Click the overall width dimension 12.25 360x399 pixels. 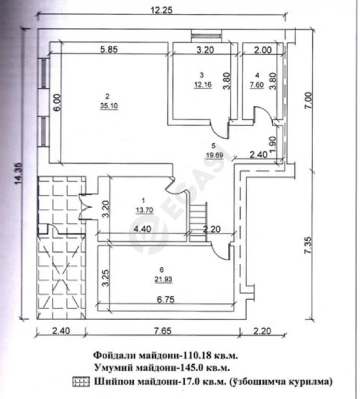point(162,10)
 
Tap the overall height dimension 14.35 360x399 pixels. point(19,173)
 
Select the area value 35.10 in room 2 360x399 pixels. point(109,106)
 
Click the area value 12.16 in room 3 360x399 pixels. point(203,84)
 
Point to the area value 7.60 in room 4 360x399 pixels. point(257,85)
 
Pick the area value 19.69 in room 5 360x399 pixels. point(214,155)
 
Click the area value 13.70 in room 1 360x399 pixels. point(144,210)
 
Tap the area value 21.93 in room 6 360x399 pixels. point(164,279)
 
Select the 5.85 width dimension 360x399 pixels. point(109,49)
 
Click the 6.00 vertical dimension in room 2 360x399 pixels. point(57,102)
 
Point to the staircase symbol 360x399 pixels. point(198,222)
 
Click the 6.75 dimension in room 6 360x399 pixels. point(166,300)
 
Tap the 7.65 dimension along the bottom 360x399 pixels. point(163,331)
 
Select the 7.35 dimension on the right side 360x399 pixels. point(308,245)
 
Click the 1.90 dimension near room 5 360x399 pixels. point(272,144)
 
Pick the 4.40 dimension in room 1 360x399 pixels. point(142,229)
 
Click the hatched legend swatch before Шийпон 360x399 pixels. point(81,382)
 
